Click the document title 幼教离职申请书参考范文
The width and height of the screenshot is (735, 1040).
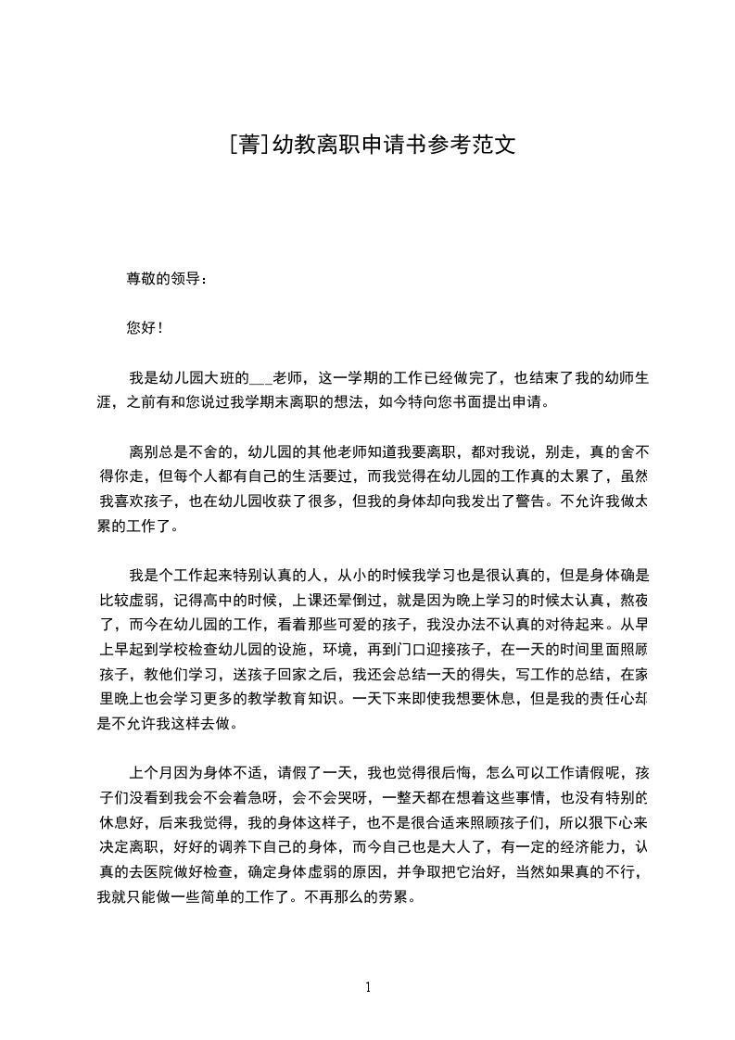(393, 146)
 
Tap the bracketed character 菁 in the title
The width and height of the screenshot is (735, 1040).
(248, 146)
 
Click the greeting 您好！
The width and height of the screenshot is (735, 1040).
(145, 327)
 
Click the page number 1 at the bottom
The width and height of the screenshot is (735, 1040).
(368, 986)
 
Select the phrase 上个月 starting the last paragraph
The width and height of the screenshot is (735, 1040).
(149, 773)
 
